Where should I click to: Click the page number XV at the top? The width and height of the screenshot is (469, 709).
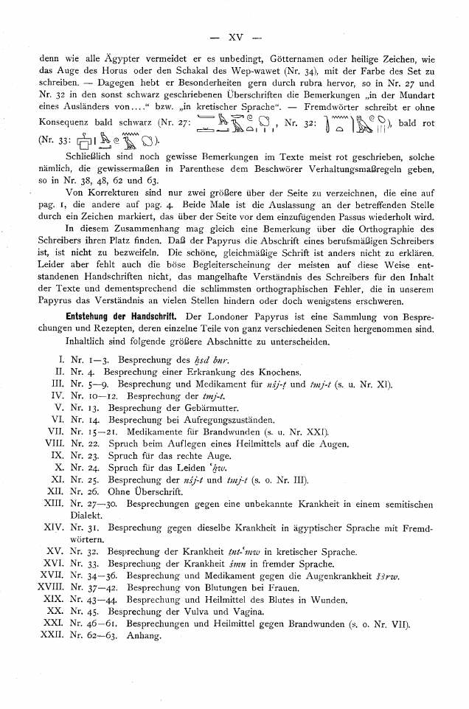point(236,15)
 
